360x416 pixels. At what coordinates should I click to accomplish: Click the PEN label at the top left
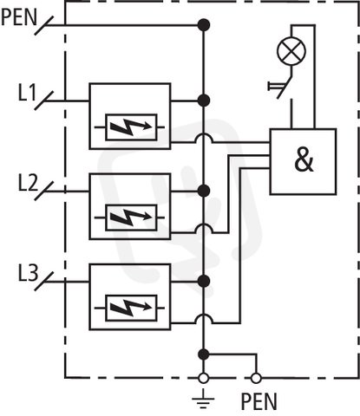point(19,17)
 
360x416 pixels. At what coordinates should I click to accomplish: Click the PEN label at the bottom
point(259,401)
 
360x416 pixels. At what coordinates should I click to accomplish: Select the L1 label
point(28,93)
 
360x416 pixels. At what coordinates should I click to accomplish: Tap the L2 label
point(28,183)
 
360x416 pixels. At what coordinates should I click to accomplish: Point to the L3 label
point(28,273)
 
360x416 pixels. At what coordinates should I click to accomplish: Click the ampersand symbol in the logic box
point(304,161)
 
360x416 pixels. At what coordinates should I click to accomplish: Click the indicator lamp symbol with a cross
point(291,51)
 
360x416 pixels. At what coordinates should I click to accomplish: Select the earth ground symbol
point(203,400)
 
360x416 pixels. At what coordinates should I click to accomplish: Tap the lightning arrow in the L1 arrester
point(132,127)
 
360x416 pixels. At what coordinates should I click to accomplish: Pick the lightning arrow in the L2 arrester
point(132,218)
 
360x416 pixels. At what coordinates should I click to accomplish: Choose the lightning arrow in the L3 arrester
point(132,308)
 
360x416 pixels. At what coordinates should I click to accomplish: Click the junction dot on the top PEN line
point(204,25)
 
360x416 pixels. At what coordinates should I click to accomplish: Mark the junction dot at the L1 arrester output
point(204,101)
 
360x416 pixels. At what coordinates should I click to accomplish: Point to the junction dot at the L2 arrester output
point(204,191)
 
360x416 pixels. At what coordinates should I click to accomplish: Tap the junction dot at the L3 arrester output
point(204,281)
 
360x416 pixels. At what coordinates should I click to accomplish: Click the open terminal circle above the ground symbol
point(203,378)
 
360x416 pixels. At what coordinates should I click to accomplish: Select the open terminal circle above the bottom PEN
point(256,378)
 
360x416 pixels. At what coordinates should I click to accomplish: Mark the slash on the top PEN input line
point(44,25)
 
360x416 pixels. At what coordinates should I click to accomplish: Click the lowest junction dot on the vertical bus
point(204,354)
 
